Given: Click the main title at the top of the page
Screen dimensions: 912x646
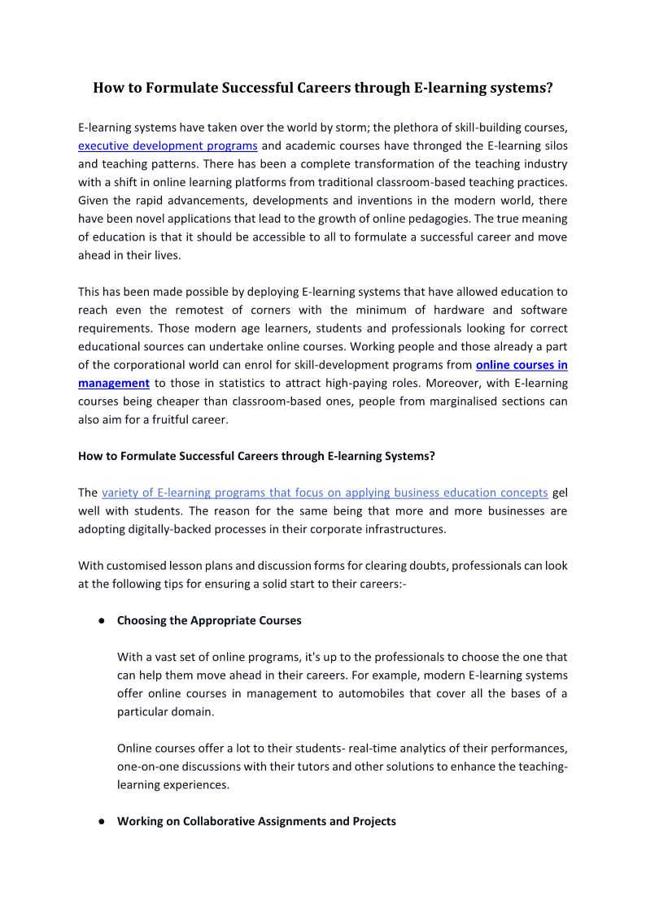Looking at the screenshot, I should pos(323,88).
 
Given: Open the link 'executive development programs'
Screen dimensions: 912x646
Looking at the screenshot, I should pos(168,146).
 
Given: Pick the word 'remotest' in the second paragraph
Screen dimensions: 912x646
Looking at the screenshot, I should pos(202,310).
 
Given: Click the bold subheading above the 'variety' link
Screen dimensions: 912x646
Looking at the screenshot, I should pos(256,456).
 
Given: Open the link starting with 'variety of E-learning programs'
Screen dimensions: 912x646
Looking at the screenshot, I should pos(325,493).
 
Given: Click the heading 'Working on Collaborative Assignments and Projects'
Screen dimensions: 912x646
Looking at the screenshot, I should pos(256,822).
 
